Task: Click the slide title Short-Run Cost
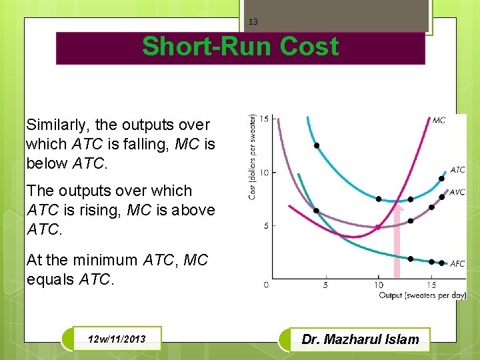point(240,47)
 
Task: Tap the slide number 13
point(253,22)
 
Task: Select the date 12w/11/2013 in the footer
point(117,340)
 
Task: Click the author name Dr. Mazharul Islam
point(360,339)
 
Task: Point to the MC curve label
point(439,120)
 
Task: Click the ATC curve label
point(457,170)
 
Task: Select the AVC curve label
point(457,193)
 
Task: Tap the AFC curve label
point(457,264)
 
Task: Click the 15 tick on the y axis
point(265,119)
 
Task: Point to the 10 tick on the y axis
point(265,173)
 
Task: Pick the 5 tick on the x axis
point(325,285)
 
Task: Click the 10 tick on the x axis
point(379,285)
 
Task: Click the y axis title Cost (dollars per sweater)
point(253,155)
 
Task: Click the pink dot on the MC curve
point(378,227)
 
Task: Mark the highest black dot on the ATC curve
point(317,145)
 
